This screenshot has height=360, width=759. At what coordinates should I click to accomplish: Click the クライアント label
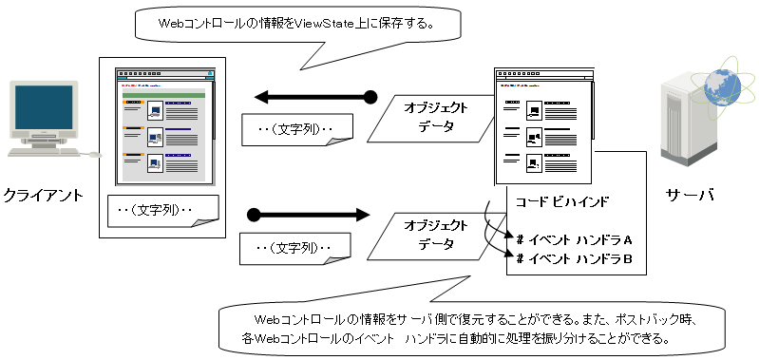[x=44, y=196]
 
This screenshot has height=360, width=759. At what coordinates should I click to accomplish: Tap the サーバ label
[x=690, y=196]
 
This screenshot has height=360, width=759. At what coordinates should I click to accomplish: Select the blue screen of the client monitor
[x=44, y=107]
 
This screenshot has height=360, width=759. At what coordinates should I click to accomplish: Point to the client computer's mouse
[x=95, y=155]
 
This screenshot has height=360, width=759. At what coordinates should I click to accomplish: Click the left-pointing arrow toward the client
[x=315, y=97]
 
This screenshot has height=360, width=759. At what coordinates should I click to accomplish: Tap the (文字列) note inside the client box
[x=163, y=211]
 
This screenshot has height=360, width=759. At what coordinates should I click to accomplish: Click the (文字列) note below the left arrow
[x=296, y=130]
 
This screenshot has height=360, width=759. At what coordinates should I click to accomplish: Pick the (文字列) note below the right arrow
[x=296, y=249]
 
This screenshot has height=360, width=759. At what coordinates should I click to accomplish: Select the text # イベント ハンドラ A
[x=575, y=239]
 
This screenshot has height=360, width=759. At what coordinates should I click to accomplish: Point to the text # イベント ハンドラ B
[x=575, y=259]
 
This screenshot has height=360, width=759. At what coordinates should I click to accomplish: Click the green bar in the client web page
[x=164, y=95]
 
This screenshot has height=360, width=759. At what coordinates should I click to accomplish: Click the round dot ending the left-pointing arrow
[x=370, y=97]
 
